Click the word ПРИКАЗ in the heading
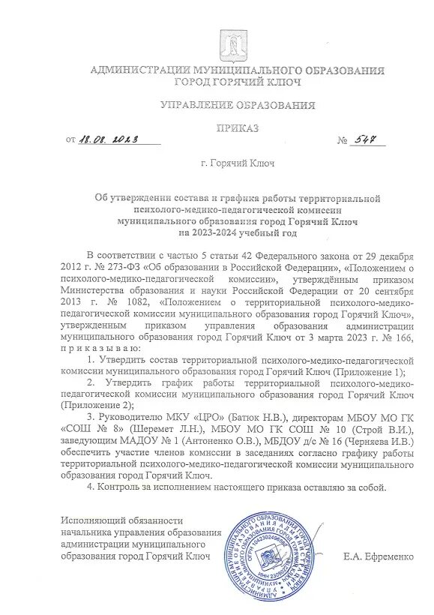(x=238, y=128)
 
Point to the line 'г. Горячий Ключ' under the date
(x=238, y=162)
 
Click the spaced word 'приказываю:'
(x=98, y=349)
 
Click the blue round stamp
(x=273, y=556)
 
